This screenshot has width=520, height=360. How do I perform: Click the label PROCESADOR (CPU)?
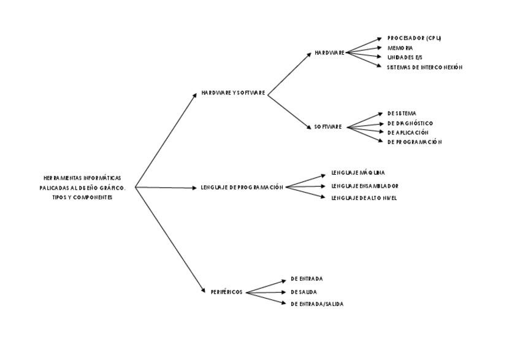click(x=414, y=38)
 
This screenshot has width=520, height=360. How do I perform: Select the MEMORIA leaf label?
click(x=400, y=48)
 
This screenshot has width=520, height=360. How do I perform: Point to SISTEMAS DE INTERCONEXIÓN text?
click(x=424, y=67)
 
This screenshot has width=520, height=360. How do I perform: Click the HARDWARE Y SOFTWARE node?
click(x=233, y=93)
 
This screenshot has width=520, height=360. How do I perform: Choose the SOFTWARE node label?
click(x=328, y=127)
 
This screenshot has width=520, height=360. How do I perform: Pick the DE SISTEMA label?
click(x=402, y=113)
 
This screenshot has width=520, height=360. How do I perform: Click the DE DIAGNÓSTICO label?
click(x=410, y=123)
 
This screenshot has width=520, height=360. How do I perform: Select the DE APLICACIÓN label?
click(x=408, y=132)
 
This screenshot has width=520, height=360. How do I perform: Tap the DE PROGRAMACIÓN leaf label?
click(x=415, y=142)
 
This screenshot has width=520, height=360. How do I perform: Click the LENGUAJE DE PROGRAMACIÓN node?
click(x=242, y=187)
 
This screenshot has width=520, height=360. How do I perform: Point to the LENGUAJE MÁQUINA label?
click(x=358, y=173)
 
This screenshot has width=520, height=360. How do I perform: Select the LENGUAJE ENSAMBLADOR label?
click(x=365, y=186)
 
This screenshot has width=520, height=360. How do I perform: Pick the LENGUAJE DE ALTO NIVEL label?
click(x=364, y=198)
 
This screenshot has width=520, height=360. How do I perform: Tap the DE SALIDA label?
click(x=304, y=292)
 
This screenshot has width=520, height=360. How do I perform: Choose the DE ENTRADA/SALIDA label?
click(x=316, y=304)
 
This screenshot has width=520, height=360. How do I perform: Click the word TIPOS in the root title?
click(x=60, y=197)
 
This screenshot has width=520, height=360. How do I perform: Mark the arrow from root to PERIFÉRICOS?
click(x=170, y=239)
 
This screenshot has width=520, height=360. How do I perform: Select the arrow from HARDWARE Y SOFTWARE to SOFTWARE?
click(x=289, y=112)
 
